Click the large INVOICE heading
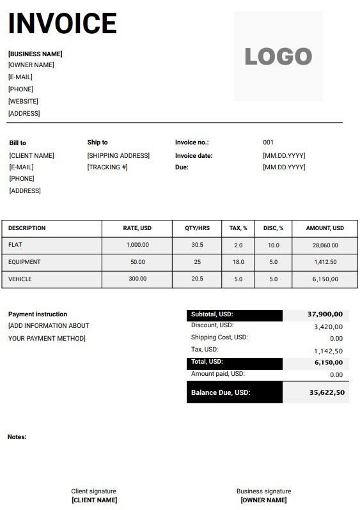pyautogui.click(x=62, y=24)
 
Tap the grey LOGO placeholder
pyautogui.click(x=278, y=56)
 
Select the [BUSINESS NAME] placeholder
pyautogui.click(x=35, y=54)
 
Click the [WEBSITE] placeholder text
pyautogui.click(x=23, y=101)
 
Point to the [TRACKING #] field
pyautogui.click(x=107, y=167)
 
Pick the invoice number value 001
pyautogui.click(x=268, y=143)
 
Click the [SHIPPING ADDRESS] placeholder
pyautogui.click(x=118, y=155)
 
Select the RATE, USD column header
pyautogui.click(x=137, y=228)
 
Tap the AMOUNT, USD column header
pyautogui.click(x=325, y=228)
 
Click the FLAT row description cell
pyautogui.click(x=15, y=245)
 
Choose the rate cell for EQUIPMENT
pyautogui.click(x=137, y=262)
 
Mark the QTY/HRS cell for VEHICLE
pyautogui.click(x=197, y=279)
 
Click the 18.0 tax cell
pyautogui.click(x=239, y=262)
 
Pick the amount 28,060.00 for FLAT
pyautogui.click(x=325, y=245)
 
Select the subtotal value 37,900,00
pyautogui.click(x=325, y=314)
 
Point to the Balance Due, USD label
pyautogui.click(x=221, y=392)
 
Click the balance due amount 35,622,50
pyautogui.click(x=327, y=392)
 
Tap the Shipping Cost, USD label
pyautogui.click(x=219, y=337)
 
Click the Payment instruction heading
pyautogui.click(x=38, y=314)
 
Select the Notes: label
pyautogui.click(x=17, y=437)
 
